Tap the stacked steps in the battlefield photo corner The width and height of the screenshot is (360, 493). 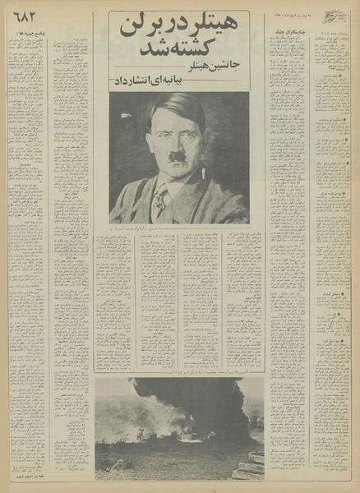pos(252,467)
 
